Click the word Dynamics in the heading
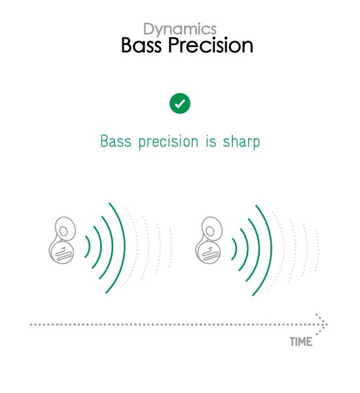[x=180, y=29]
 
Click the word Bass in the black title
[x=141, y=45]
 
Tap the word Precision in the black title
[x=211, y=45]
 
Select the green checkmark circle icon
[x=180, y=103]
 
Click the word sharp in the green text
[x=242, y=142]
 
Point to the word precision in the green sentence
[x=168, y=142]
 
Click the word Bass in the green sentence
[x=116, y=141]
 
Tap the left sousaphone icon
[x=62, y=240]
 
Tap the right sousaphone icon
[x=209, y=240]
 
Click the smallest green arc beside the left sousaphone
[x=89, y=247]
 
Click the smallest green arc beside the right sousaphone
[x=236, y=249]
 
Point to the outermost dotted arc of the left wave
[x=171, y=247]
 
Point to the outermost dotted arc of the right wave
[x=318, y=250]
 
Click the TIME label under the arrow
[x=301, y=342]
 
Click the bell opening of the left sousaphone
[x=63, y=231]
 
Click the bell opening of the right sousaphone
[x=210, y=231]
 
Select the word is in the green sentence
[x=211, y=141]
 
